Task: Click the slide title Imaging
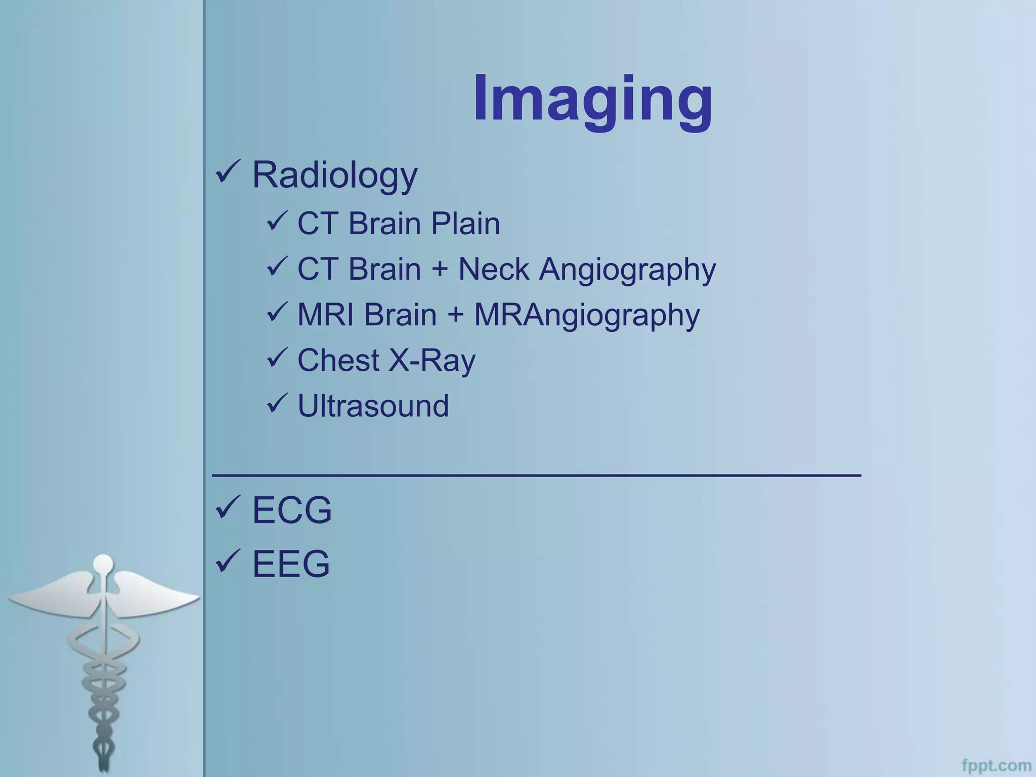pos(592,99)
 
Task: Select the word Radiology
pos(334,175)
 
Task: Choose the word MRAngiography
pos(587,315)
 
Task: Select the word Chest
pos(338,361)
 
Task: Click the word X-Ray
pos(431,361)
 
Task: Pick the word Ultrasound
pos(373,406)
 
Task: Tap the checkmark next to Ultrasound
pos(277,403)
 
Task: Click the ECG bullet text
pos(292,510)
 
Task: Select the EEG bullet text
pos(291,564)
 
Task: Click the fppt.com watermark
pos(996,765)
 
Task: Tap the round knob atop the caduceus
pos(104,563)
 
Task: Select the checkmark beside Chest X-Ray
pos(277,357)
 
